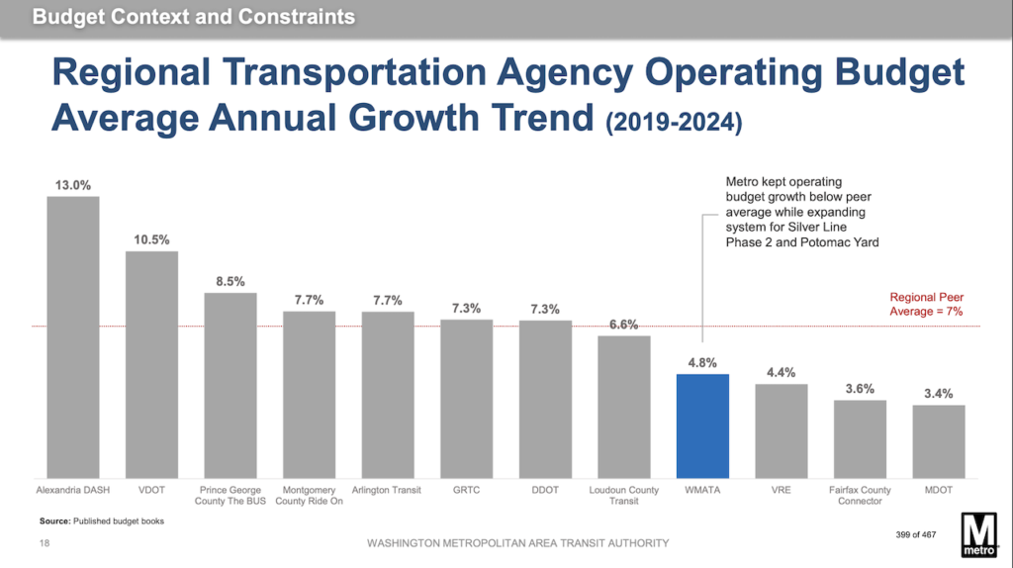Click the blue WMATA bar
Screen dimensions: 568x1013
coord(702,426)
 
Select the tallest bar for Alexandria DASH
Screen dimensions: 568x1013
coord(73,336)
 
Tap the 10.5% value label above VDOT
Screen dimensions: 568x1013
coord(151,239)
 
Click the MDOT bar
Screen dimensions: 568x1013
coord(938,440)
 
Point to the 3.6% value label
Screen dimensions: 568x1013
coord(860,389)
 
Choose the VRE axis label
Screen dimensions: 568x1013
coord(782,490)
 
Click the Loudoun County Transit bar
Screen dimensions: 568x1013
coord(623,406)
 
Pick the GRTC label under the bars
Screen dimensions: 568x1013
coord(466,490)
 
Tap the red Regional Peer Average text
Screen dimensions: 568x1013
coord(927,304)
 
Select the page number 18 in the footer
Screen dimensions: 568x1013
coord(44,543)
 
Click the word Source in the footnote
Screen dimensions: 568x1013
coord(54,521)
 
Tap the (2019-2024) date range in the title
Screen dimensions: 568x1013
coord(673,123)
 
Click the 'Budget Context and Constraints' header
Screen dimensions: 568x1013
coord(193,18)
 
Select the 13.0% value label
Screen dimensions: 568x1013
coord(73,184)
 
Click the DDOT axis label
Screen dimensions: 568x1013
coord(545,490)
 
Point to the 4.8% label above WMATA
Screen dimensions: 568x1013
coord(702,362)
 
